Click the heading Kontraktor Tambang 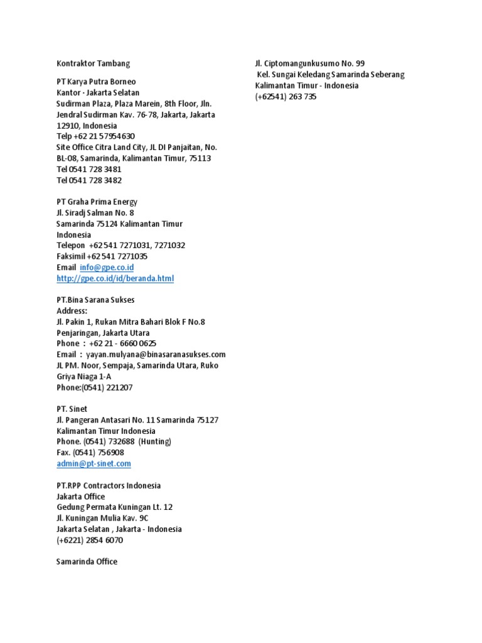[x=93, y=63]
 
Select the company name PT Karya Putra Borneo [x=96, y=82]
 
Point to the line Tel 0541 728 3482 [x=89, y=180]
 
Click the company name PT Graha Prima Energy [x=97, y=202]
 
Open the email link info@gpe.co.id [x=107, y=267]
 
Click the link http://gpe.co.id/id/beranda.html [x=115, y=278]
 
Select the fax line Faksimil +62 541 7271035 [x=102, y=256]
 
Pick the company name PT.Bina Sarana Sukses [x=95, y=300]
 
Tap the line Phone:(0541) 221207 [x=94, y=387]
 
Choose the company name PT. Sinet [x=72, y=409]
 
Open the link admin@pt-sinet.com [x=94, y=463]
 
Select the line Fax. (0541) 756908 [x=90, y=453]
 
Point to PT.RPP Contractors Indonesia [x=109, y=485]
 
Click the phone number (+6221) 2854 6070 [x=90, y=540]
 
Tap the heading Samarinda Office [x=87, y=561]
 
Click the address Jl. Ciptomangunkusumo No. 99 [x=309, y=63]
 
